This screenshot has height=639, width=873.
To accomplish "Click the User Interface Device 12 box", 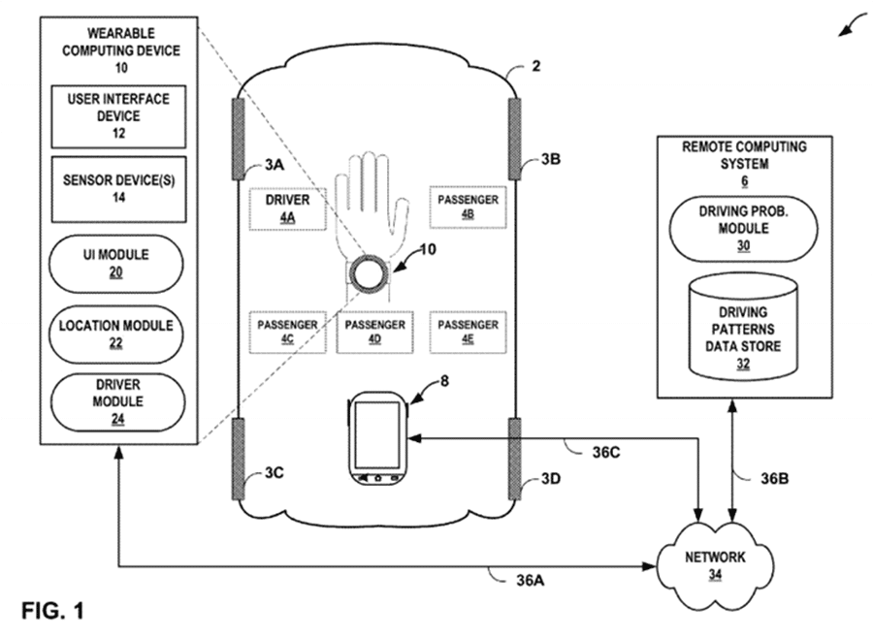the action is (x=118, y=116).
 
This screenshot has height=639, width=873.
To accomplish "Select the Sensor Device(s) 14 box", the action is (x=118, y=189).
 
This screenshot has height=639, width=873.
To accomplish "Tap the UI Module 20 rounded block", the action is (x=115, y=264).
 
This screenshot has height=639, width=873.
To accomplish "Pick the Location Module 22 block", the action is (x=115, y=334).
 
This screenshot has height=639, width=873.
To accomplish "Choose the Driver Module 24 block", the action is (x=117, y=401).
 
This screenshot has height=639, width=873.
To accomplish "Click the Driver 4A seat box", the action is (x=287, y=208).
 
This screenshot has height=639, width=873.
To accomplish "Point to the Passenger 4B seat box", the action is (x=468, y=208).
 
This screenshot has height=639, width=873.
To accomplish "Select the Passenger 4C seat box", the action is (x=287, y=333).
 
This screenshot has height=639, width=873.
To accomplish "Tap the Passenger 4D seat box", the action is (x=374, y=333).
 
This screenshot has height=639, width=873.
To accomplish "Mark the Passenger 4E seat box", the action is (x=468, y=333).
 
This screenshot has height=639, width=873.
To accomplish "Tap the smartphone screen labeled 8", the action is (x=377, y=434).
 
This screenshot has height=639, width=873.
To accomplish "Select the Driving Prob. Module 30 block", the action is (x=743, y=229).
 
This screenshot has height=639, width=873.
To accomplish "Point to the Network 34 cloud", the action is (x=715, y=564).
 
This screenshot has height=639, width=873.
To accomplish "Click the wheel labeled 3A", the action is (x=239, y=139).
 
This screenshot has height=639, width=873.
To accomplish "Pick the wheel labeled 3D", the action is (x=515, y=459).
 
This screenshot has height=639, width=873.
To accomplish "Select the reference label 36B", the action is (x=774, y=479).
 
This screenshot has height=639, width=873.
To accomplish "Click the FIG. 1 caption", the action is (x=53, y=611).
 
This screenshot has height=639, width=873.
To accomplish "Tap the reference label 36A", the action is (x=530, y=581).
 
